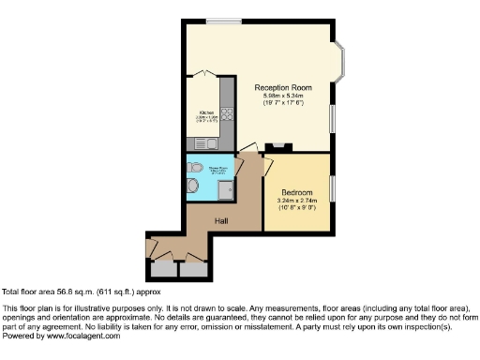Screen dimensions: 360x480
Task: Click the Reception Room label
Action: point(283,87)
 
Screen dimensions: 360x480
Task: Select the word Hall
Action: point(221,220)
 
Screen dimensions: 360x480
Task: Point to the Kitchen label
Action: point(206,113)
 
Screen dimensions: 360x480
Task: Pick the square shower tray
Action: point(227,190)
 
